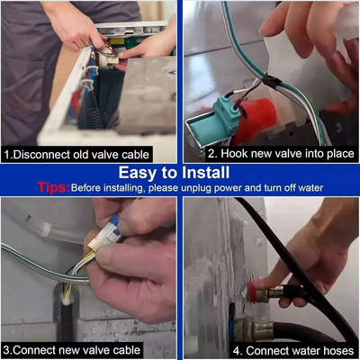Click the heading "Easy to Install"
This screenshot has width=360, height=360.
174,173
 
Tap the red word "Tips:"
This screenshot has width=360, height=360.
54,187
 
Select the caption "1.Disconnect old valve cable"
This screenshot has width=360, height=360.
76,155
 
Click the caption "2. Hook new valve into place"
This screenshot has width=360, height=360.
281,154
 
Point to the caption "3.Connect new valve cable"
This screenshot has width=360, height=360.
72,350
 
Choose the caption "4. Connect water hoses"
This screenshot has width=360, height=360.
293,350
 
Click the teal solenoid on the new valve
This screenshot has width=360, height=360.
227,115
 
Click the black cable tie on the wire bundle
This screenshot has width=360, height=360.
272,82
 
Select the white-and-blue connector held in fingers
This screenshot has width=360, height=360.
105,236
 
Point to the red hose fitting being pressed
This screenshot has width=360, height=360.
251,292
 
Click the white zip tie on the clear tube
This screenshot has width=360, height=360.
45,230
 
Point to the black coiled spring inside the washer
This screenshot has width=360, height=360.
97,114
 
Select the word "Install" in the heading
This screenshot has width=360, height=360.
207,173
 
